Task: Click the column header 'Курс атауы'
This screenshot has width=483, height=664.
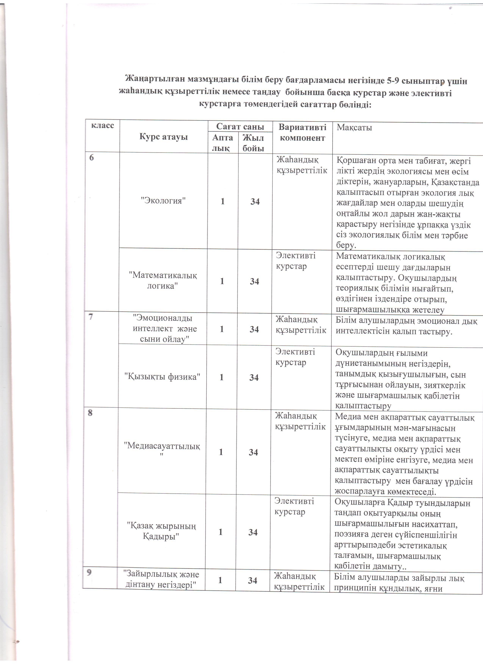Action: pyautogui.click(x=163, y=137)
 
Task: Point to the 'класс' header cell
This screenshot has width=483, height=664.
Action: pyautogui.click(x=102, y=125)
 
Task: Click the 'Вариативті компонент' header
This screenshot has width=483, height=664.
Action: pyautogui.click(x=302, y=133)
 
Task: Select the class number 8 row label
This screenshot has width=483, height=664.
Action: pyautogui.click(x=90, y=413)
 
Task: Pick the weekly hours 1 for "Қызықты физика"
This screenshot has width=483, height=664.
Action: pyautogui.click(x=221, y=377)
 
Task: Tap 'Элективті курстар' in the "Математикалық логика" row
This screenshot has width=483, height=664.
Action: pyautogui.click(x=296, y=261)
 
